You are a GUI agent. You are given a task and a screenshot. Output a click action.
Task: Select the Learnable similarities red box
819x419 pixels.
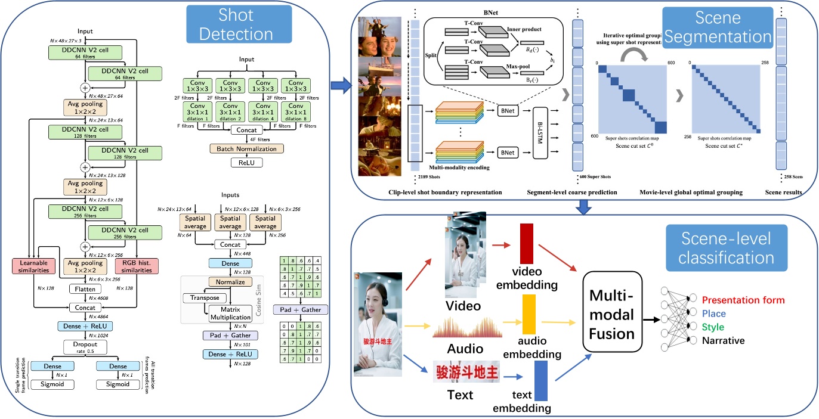click(33, 266)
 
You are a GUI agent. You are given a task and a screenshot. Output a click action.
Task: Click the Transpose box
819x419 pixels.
click(204, 297)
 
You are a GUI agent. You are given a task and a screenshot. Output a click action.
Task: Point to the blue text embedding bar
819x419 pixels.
click(540, 381)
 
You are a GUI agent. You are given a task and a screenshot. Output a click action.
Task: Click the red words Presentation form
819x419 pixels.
click(743, 300)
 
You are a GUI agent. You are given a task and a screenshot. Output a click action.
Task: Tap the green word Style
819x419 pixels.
click(713, 327)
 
